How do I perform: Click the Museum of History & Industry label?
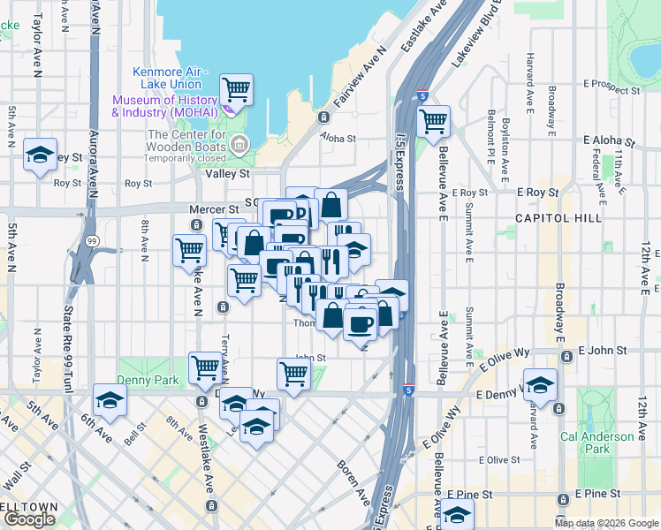tap(166, 106)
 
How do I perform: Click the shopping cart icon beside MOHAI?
tap(236, 89)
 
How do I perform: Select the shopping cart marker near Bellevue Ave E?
tap(433, 121)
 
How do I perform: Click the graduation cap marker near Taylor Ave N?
tap(40, 155)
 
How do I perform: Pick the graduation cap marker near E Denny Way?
tap(540, 384)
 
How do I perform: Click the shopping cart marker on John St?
tap(293, 372)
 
